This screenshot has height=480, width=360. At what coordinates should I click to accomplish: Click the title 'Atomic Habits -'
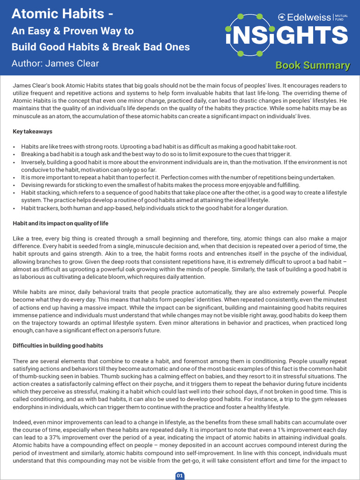click(62, 15)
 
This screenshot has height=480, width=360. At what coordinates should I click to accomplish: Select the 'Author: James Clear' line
click(55, 63)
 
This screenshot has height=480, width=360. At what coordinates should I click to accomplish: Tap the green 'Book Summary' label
click(313, 66)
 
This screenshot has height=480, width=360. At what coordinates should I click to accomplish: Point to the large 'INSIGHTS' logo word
click(287, 36)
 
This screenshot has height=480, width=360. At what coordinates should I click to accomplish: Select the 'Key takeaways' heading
click(32, 131)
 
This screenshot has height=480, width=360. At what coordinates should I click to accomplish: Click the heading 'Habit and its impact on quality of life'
click(60, 223)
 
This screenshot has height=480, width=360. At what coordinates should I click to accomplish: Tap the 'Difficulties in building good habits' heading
click(58, 345)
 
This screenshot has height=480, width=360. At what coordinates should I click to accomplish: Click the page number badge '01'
click(180, 475)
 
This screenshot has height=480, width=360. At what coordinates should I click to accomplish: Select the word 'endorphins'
click(27, 407)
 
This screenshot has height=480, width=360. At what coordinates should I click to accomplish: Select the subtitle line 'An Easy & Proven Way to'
click(73, 31)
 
